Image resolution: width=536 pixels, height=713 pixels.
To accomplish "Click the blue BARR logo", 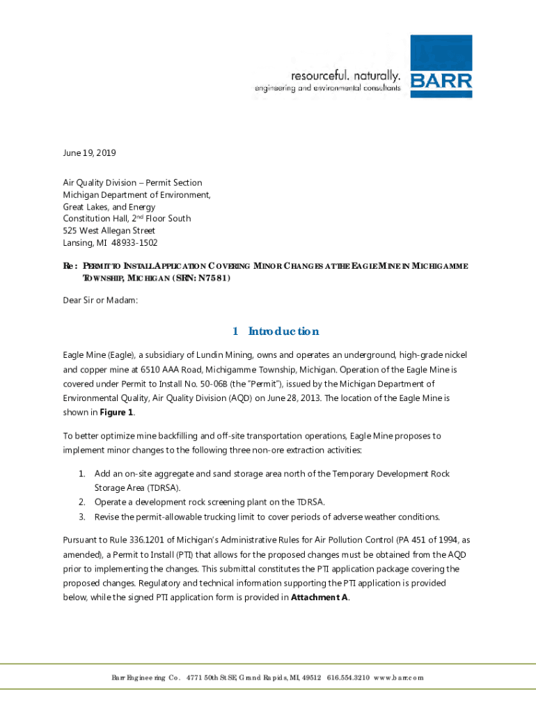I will point(441,66).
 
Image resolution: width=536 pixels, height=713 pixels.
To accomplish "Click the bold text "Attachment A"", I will point(319,597).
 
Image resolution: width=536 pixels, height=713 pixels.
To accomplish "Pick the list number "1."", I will point(81,473).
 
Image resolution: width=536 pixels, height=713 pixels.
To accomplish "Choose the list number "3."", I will point(81,517).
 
